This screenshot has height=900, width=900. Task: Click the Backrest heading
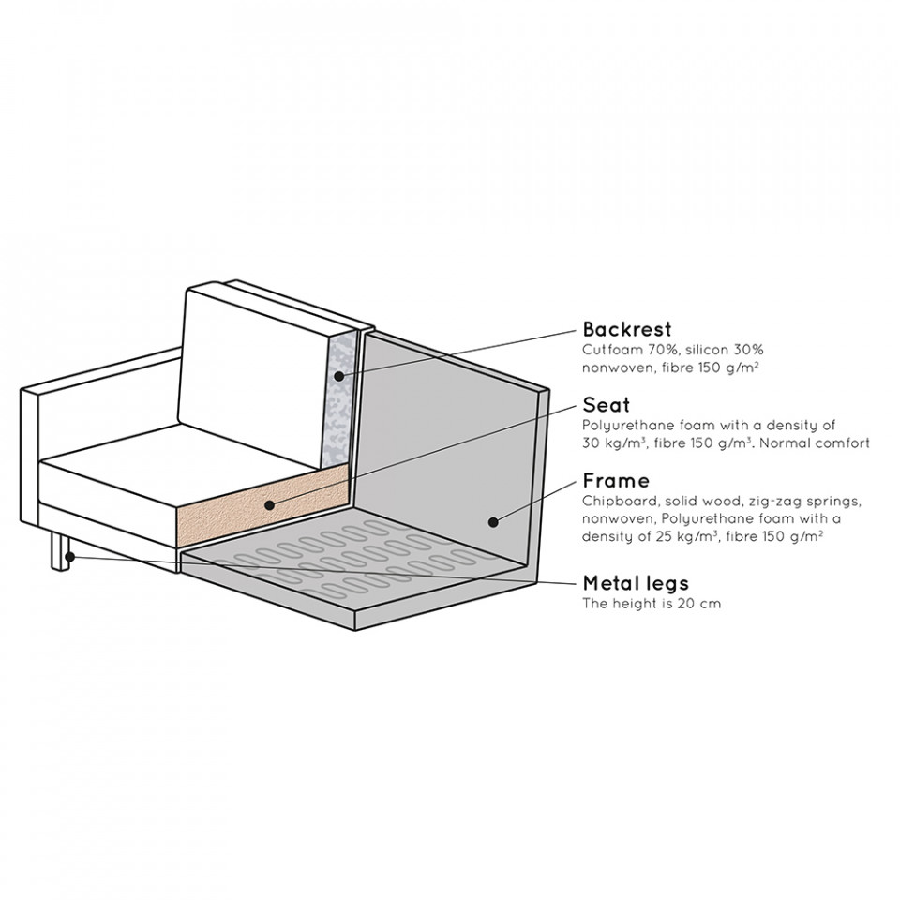627,329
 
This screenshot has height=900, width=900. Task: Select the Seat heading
607,405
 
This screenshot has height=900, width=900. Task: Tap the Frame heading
617,480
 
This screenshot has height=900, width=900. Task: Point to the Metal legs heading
636,584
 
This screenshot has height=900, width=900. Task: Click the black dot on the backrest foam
338,377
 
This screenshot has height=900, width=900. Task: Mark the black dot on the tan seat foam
269,505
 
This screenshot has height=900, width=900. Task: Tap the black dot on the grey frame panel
492,522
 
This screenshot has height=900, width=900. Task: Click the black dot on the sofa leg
69,556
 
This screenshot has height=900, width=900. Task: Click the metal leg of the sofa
60,551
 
